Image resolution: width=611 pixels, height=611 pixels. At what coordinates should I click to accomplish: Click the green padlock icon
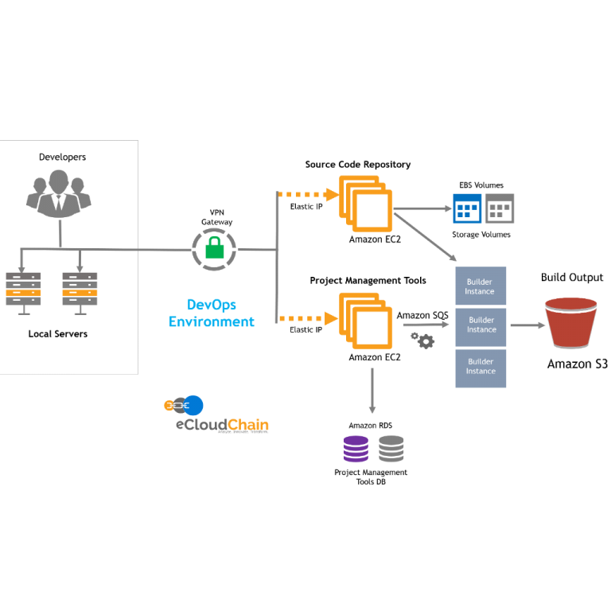point(214,248)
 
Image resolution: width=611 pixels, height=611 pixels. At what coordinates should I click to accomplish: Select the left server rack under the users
point(24,290)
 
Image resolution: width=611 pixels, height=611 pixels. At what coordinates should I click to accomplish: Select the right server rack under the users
point(80,290)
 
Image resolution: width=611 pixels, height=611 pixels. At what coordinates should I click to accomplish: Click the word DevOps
point(212,305)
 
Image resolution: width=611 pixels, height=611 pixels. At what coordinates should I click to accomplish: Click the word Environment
point(212,322)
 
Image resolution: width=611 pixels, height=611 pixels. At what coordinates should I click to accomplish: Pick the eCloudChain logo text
point(222,425)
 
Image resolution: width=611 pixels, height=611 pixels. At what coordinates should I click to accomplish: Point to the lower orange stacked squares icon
point(366,321)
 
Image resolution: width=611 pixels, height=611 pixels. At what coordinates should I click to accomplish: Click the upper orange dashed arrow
point(307,194)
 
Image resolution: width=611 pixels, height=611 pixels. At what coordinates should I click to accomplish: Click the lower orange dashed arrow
point(307,318)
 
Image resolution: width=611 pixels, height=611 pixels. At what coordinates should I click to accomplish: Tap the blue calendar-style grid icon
point(467,209)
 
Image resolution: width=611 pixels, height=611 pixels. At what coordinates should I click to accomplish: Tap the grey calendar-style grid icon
point(500,209)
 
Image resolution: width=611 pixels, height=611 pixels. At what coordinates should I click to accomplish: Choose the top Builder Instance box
point(481,286)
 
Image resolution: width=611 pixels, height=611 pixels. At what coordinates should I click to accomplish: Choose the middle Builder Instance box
point(481,326)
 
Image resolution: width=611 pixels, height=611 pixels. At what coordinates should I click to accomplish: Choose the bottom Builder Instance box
point(481,368)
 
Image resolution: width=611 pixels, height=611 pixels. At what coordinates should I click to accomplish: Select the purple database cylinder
point(356,449)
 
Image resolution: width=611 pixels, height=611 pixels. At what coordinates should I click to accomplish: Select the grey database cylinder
point(391,449)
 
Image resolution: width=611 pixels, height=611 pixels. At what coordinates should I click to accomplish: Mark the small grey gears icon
point(422,341)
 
